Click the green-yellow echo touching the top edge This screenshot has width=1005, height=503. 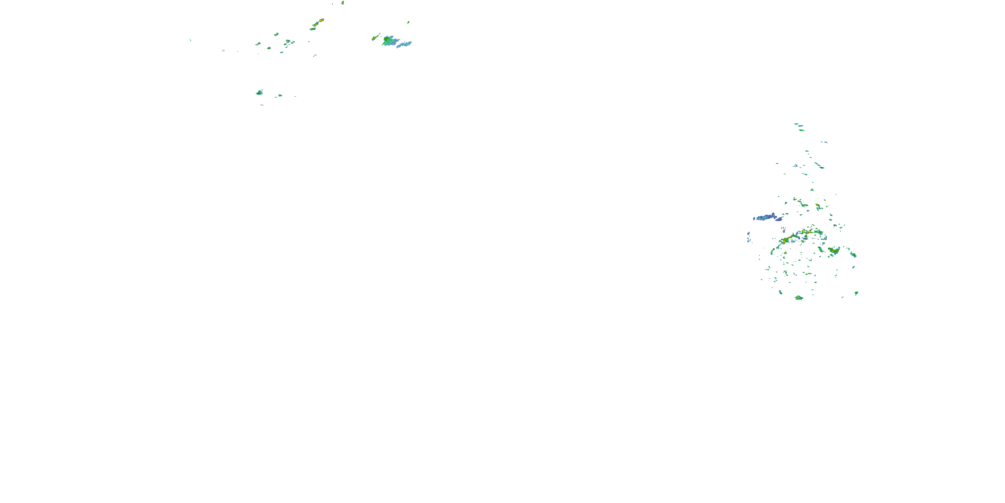point(343,3)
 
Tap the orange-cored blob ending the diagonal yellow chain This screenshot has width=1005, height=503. point(321,20)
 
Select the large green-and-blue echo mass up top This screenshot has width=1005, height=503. point(390,40)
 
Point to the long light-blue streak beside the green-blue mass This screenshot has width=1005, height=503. point(405,44)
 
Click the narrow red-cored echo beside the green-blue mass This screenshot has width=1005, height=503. point(374,38)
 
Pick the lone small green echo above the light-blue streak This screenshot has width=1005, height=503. point(408,22)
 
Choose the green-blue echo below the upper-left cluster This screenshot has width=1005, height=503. point(259,93)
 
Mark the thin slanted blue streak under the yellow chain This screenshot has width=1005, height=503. point(315,55)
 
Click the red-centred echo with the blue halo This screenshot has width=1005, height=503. point(288,41)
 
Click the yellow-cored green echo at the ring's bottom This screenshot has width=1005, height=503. point(799,297)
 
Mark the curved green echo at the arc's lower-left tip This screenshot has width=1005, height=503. point(773,251)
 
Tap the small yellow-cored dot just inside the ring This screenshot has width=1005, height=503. point(785,253)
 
